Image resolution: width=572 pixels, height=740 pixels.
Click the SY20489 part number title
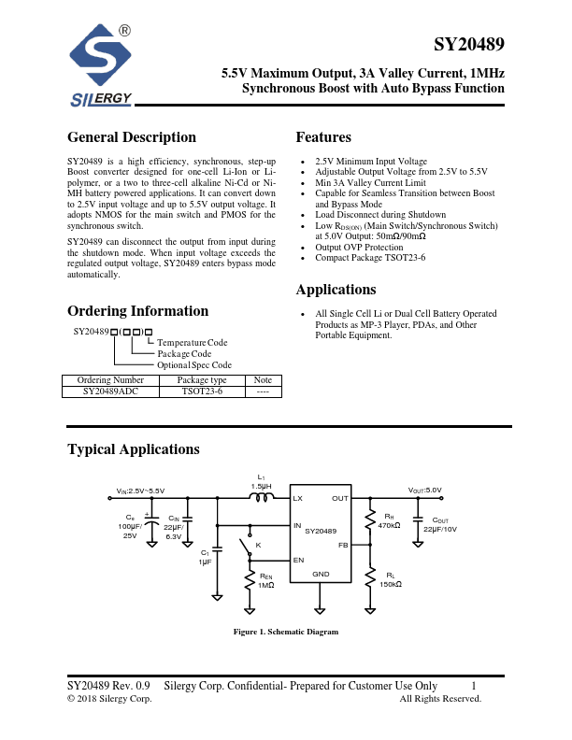pyautogui.click(x=469, y=45)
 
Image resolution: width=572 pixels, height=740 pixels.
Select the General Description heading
pyautogui.click(x=132, y=137)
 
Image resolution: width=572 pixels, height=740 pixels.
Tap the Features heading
pyautogui.click(x=323, y=137)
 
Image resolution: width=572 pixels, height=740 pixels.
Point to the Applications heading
pyautogui.click(x=336, y=290)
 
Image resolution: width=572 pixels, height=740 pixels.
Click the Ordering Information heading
pyautogui.click(x=137, y=311)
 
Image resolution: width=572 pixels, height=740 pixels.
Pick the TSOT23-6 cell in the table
pyautogui.click(x=202, y=391)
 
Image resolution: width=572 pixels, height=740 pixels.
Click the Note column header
pyautogui.click(x=262, y=380)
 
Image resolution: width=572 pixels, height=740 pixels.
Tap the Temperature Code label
pyautogui.click(x=192, y=343)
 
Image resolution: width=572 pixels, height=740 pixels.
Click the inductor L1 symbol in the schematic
pyautogui.click(x=262, y=499)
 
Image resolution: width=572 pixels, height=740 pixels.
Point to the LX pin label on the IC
pyautogui.click(x=298, y=499)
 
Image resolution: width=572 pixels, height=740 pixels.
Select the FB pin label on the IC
pyautogui.click(x=343, y=544)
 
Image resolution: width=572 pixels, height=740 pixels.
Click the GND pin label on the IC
pyautogui.click(x=321, y=574)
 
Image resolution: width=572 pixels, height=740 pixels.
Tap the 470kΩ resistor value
pyautogui.click(x=389, y=525)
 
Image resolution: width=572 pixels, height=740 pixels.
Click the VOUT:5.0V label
pyautogui.click(x=424, y=490)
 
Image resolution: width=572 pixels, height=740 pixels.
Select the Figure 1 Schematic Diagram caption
pyautogui.click(x=285, y=633)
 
